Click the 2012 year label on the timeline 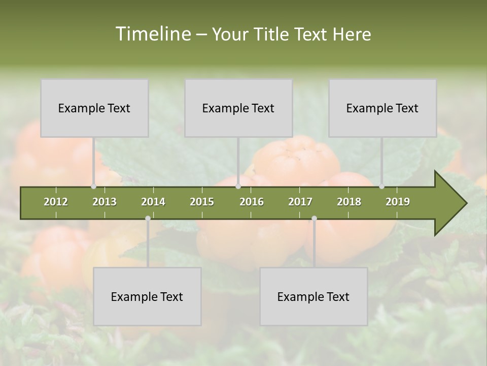[x=56, y=202]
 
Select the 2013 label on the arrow [x=105, y=202]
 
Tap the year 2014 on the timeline [x=153, y=202]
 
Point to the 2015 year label [x=202, y=202]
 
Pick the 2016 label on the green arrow [x=252, y=202]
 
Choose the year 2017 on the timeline [x=300, y=202]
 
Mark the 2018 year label [x=349, y=202]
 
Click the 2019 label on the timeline [x=398, y=202]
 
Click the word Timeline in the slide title [x=152, y=34]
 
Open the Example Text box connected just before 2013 [x=94, y=108]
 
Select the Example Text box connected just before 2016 [x=238, y=108]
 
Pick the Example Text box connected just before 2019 [x=382, y=108]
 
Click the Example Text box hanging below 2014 [x=147, y=296]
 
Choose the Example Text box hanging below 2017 [x=314, y=296]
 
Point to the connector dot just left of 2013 [x=93, y=187]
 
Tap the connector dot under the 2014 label [x=148, y=218]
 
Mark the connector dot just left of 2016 [x=238, y=187]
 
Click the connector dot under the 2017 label [x=314, y=218]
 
